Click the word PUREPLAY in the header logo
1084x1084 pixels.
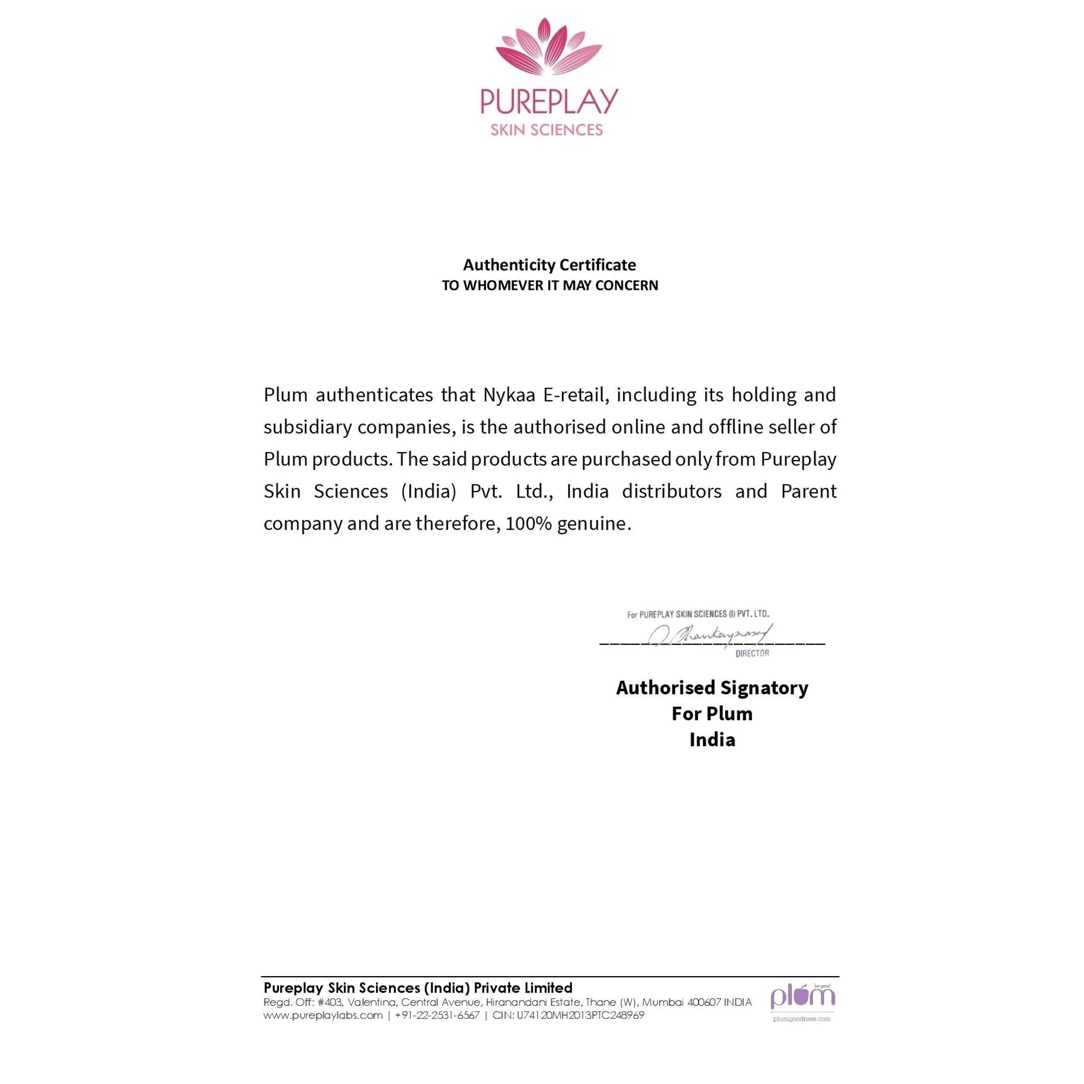549,101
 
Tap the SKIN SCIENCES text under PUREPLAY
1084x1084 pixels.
546,130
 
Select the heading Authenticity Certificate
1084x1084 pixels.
549,265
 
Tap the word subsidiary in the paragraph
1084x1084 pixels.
307,427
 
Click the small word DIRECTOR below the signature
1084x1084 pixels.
752,653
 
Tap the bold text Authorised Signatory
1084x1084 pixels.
712,687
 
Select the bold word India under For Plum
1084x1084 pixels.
712,739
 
